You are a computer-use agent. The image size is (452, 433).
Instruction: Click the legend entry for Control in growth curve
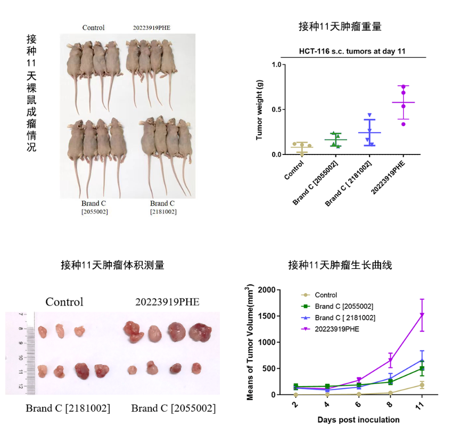pyautogui.click(x=325, y=295)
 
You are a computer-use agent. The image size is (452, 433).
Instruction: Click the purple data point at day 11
pyautogui.click(x=422, y=315)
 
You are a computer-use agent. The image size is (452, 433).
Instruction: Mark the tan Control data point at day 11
pyautogui.click(x=422, y=385)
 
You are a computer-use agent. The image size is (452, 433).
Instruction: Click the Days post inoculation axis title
pyautogui.click(x=358, y=420)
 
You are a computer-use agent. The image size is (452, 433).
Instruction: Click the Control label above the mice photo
pyautogui.click(x=93, y=28)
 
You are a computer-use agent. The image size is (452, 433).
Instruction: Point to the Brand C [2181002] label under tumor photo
pyautogui.click(x=68, y=409)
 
